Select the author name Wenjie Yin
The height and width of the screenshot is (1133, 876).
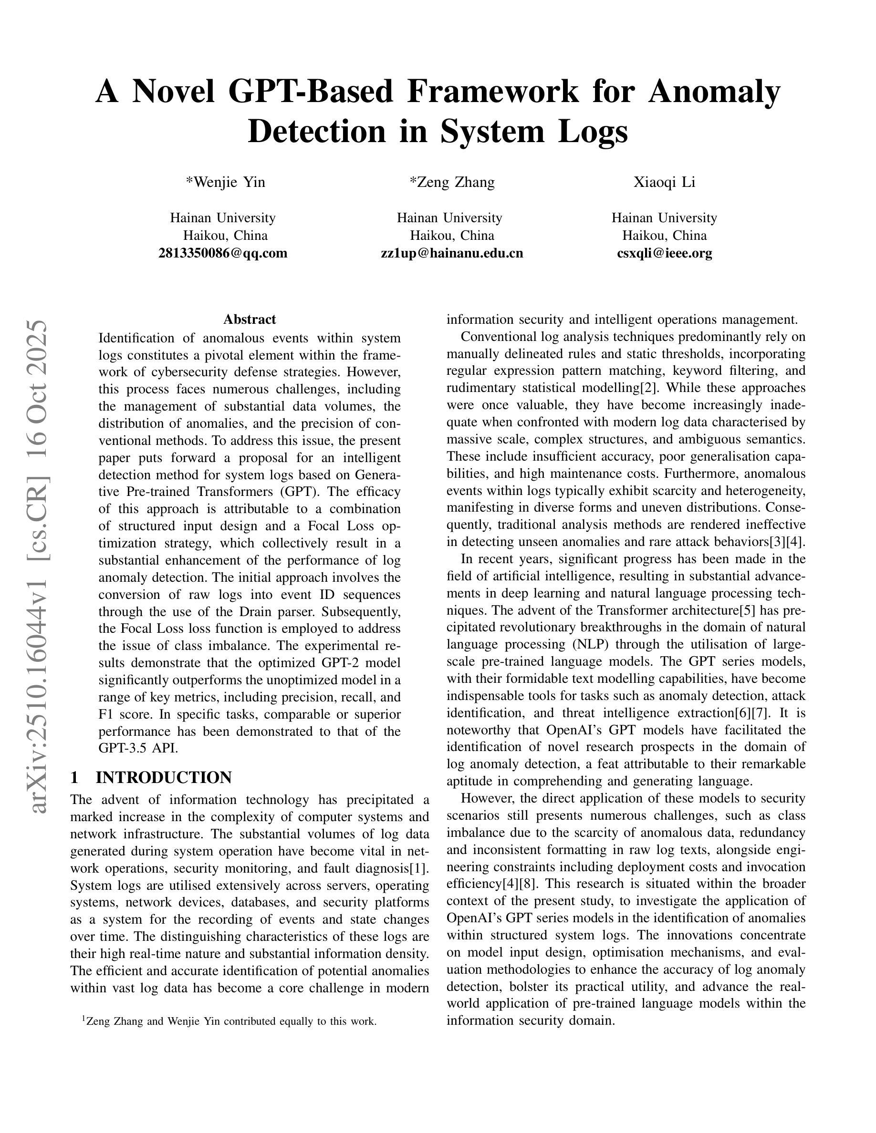[226, 182]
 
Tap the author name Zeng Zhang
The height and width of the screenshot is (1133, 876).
[452, 182]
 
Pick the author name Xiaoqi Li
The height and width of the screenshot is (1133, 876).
[664, 182]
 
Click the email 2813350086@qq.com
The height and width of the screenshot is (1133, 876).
[223, 253]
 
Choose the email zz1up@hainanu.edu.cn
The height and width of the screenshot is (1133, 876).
[452, 253]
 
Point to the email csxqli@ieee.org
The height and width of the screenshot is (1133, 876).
[664, 253]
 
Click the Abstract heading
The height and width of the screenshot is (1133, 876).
[250, 319]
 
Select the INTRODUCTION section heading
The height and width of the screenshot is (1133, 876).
[164, 777]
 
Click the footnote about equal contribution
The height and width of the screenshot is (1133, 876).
[229, 1021]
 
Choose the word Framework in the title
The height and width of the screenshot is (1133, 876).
[493, 93]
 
